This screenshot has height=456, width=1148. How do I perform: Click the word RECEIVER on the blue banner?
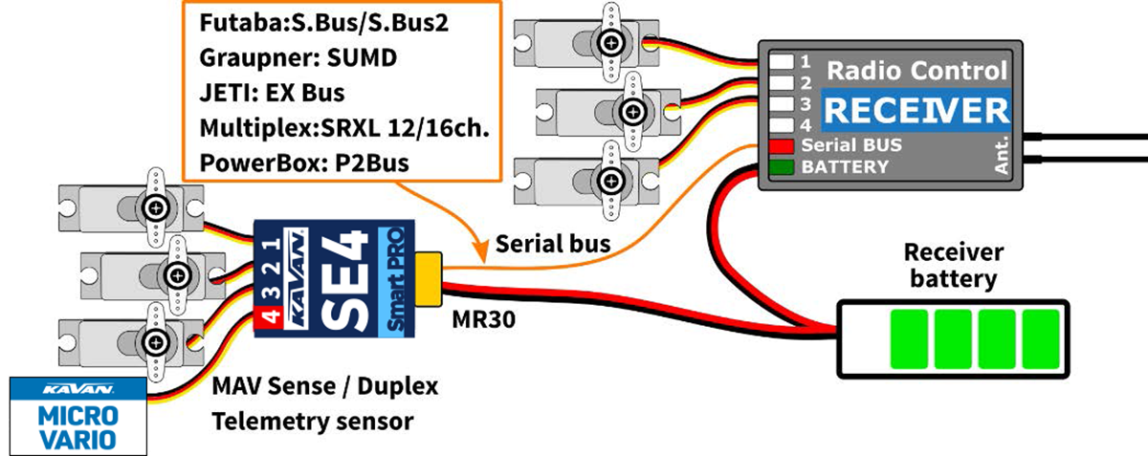pos(916,111)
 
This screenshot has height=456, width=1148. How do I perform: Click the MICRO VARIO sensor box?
pos(77,415)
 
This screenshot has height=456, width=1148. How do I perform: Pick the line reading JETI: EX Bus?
pos(273,94)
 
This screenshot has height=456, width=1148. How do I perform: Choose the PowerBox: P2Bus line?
pos(305,163)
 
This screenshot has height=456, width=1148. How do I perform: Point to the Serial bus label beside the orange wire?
pos(553,245)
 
